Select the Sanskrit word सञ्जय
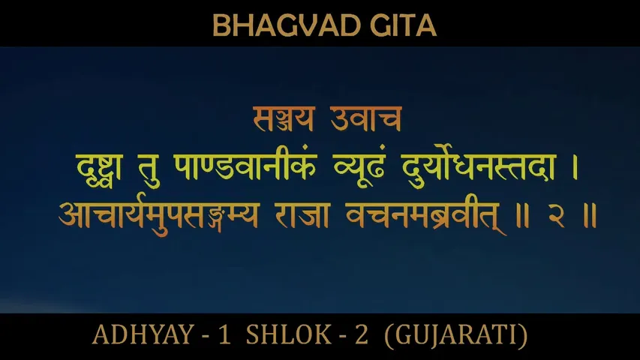click(279, 118)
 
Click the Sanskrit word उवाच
click(368, 118)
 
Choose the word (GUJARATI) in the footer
click(455, 335)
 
